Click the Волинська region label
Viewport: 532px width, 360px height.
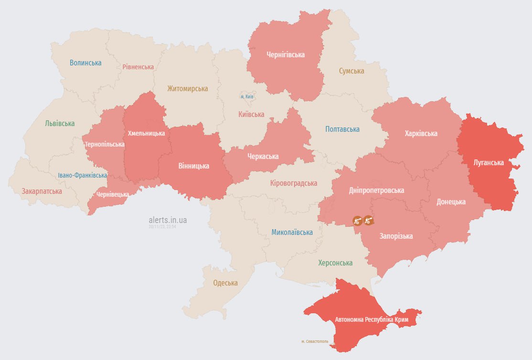pos(85,63)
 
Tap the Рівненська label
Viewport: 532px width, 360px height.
pos(138,67)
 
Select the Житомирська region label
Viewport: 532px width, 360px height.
pos(187,88)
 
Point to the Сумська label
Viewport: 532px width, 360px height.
pos(351,71)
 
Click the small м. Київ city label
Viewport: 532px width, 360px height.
pos(247,96)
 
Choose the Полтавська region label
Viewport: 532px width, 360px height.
pos(342,129)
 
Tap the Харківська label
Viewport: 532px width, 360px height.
pos(421,133)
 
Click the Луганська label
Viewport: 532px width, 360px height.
pos(489,162)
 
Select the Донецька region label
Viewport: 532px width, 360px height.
pos(451,201)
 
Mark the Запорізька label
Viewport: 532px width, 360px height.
pos(396,236)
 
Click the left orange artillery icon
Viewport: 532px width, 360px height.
pos(357,221)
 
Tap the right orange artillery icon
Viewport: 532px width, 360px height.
pos(368,220)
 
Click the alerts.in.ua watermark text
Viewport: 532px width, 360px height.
pos(168,220)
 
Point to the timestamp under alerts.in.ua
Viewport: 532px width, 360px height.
pos(163,227)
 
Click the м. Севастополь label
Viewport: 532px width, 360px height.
pos(315,341)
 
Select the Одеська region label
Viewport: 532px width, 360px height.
pos(225,283)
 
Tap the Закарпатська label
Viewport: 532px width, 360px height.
pos(42,191)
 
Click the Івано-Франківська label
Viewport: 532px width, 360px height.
pos(83,175)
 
